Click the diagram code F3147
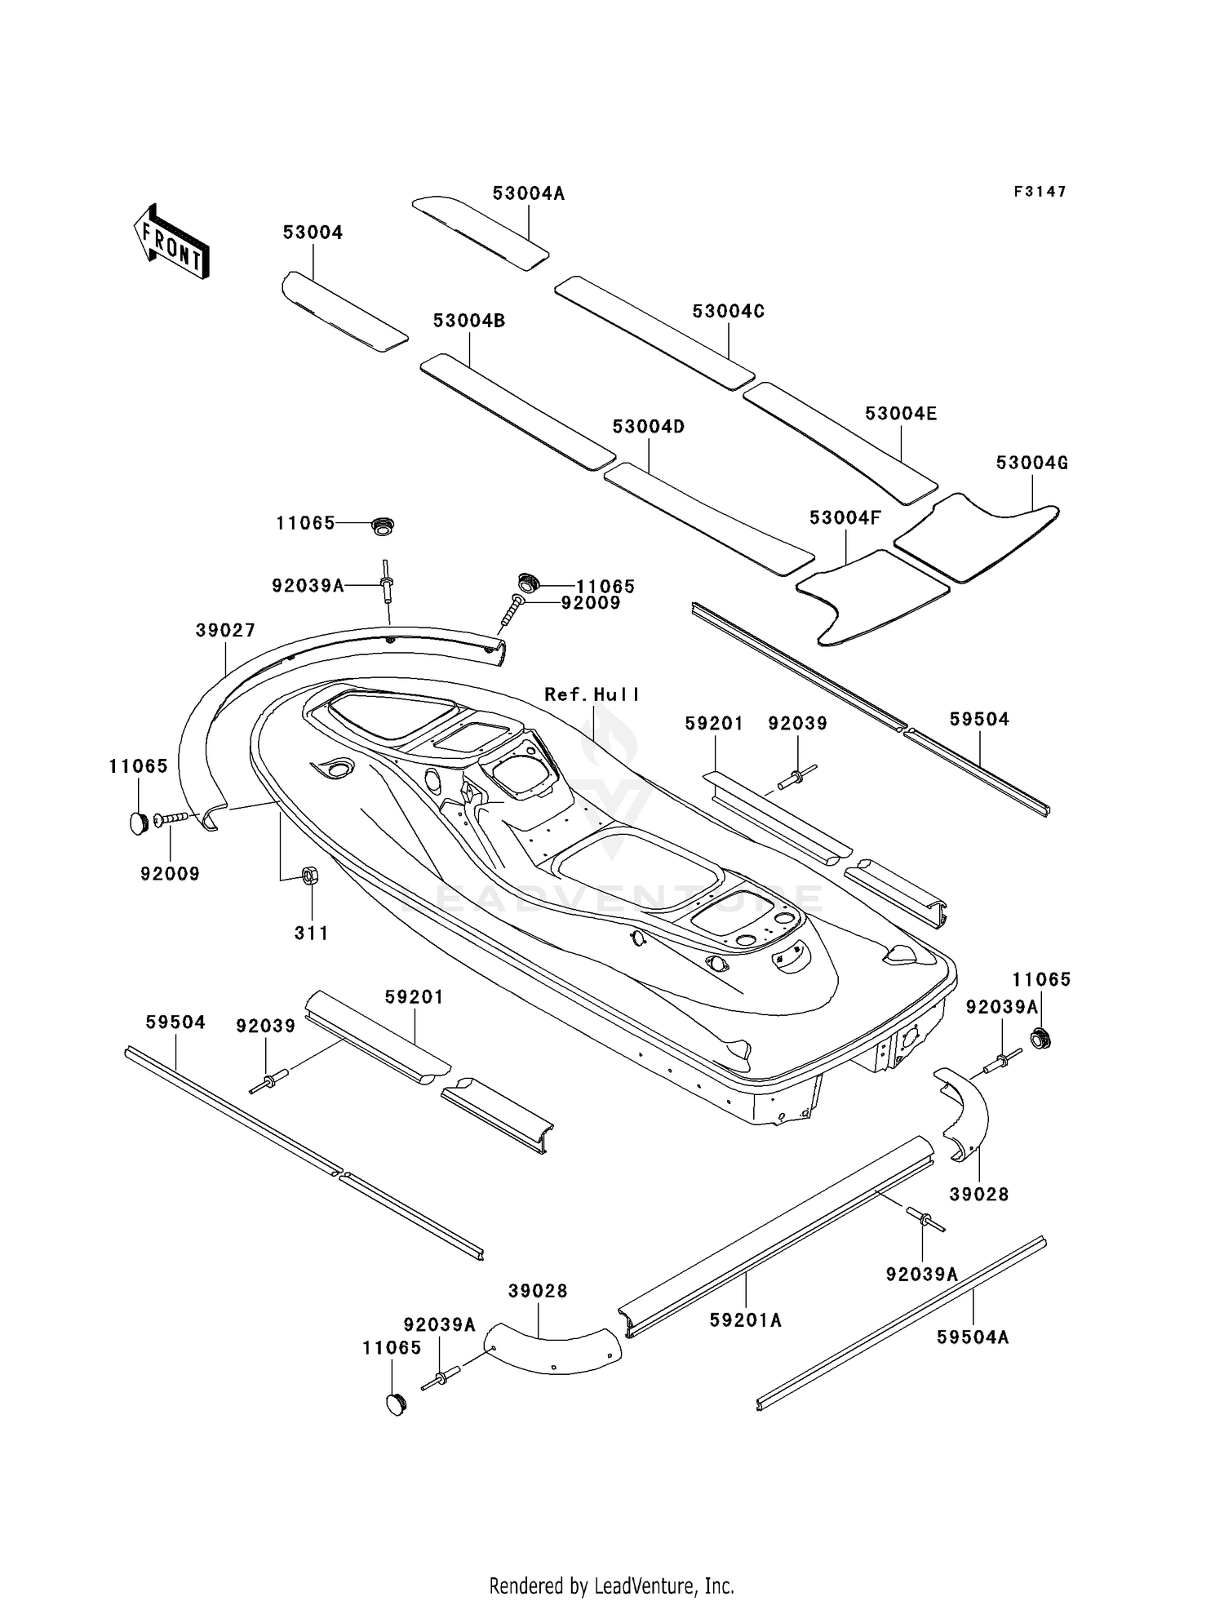point(1040,192)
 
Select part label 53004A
point(528,193)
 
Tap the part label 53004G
point(1031,463)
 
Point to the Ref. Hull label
point(592,694)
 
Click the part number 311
point(311,933)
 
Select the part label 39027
point(225,630)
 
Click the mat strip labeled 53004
point(344,313)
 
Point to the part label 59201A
point(745,1320)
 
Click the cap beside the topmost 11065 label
point(382,526)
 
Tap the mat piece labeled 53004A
point(480,233)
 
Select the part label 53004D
point(648,427)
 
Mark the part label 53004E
point(901,414)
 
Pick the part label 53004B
point(469,321)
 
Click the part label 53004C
point(728,311)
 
